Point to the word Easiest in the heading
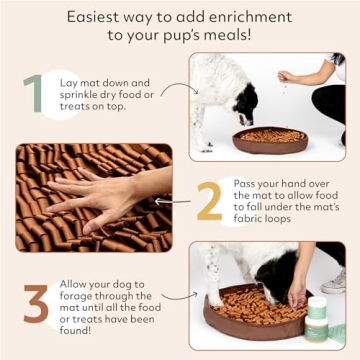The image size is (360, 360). (98, 17)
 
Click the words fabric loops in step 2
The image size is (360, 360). (277, 219)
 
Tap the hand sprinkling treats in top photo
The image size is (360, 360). (288, 76)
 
